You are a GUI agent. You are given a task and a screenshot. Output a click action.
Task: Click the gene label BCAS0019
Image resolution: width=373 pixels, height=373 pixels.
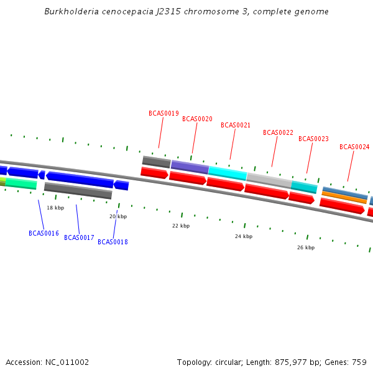163,114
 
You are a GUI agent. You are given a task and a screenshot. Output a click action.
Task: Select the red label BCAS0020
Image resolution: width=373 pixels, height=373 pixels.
197,119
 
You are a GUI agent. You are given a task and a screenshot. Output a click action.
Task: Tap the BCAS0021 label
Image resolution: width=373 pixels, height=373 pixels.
236,125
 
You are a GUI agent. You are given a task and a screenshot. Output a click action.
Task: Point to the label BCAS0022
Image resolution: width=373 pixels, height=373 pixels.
278,132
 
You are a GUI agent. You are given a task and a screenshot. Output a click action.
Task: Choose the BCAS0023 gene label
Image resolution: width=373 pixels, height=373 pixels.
313,139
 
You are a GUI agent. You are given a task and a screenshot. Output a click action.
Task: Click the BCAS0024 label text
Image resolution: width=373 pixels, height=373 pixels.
354,147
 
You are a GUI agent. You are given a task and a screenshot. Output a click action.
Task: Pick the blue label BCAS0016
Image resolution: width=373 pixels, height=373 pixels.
44,233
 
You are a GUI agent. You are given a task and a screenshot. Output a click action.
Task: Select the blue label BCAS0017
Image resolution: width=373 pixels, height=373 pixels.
79,237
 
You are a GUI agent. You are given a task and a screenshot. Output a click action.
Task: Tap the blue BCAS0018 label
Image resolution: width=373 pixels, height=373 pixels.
113,242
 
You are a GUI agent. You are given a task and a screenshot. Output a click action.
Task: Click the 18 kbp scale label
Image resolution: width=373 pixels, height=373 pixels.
55,208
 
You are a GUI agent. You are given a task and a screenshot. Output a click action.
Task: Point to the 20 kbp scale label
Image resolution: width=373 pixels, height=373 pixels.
118,216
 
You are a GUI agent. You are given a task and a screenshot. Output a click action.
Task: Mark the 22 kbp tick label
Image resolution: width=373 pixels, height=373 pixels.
181,226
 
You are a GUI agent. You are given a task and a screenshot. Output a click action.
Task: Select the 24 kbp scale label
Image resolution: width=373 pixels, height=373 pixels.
244,236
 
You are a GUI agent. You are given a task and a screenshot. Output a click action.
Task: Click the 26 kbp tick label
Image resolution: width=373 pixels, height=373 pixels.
306,247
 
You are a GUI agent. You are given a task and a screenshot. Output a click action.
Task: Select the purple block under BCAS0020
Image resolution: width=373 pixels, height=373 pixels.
190,167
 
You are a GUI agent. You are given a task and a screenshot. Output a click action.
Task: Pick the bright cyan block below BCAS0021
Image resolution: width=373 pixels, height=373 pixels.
227,173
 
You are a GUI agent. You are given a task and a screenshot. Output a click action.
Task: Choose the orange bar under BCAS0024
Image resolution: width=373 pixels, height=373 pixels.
344,197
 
